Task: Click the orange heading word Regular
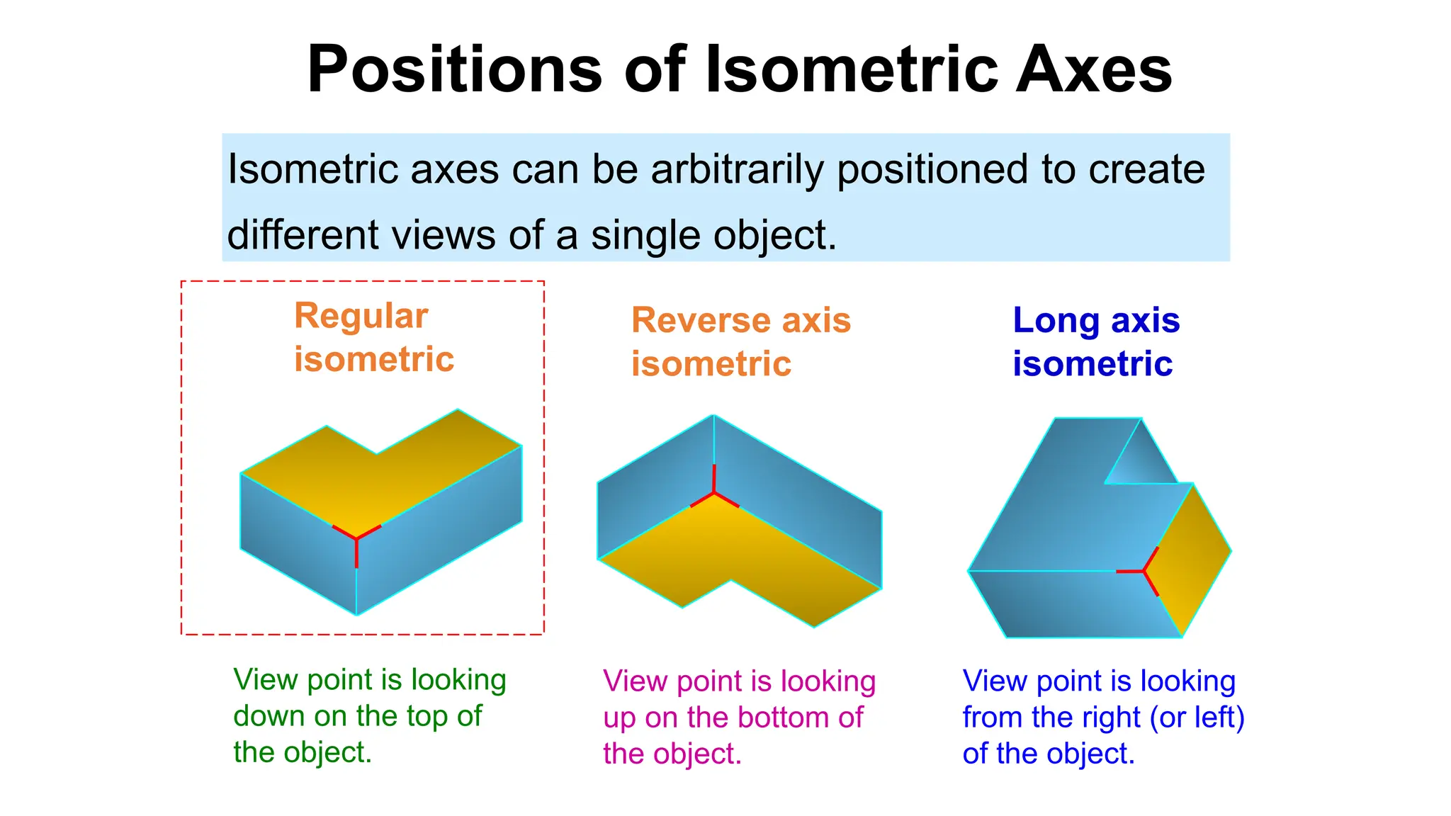[x=361, y=316]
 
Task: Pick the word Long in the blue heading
[x=1056, y=320]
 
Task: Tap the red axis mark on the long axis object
[x=1143, y=570]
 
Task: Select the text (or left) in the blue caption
[x=1197, y=718]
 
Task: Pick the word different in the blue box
[x=303, y=235]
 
